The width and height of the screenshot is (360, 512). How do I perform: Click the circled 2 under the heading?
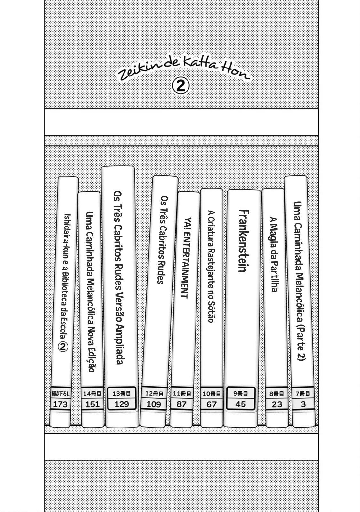coord(181,86)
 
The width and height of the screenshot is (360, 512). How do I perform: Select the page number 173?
coord(60,404)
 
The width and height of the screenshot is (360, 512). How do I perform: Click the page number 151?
coord(92,404)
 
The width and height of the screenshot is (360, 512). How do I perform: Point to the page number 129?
coord(122,404)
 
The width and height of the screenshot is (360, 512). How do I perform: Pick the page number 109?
coord(154,404)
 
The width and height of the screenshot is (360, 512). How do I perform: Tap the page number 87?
coord(181,404)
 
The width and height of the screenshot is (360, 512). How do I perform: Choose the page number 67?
coord(212,404)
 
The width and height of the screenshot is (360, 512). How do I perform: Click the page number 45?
coord(241,404)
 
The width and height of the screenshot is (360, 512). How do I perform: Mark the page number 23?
coord(277,404)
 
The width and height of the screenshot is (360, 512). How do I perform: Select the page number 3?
coord(303,404)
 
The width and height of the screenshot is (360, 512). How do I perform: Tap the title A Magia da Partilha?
coord(273,254)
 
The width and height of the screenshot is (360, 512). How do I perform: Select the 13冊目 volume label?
coord(122,393)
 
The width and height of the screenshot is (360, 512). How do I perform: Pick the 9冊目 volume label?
coord(241,393)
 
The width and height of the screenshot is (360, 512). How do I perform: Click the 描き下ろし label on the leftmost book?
coord(60,393)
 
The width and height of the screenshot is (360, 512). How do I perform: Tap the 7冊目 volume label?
coord(303,393)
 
